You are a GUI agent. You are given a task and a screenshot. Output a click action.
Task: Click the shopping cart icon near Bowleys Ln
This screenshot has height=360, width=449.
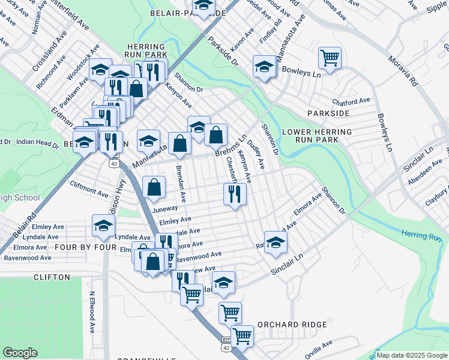pos(330,58)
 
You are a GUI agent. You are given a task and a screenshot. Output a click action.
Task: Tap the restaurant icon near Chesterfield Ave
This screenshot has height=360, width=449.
pos(235,194)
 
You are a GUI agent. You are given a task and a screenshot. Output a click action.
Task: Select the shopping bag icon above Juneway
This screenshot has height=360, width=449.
pos(154,187)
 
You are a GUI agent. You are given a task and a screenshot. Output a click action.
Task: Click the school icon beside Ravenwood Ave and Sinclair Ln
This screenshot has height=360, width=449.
pos(276,242)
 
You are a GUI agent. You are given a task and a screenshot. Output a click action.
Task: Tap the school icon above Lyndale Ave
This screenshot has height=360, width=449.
pos(103,226)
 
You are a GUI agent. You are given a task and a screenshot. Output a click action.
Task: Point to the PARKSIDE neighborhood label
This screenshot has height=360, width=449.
pos(328,113)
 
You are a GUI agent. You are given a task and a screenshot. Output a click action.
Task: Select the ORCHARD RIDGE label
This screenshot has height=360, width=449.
pos(292,325)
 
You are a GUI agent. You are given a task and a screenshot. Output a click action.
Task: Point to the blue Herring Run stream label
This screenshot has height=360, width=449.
pos(421,236)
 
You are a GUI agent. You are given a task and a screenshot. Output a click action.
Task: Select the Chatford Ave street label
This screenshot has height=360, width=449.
pos(351,101)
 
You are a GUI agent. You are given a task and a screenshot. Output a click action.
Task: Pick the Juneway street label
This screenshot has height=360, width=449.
pos(166,208)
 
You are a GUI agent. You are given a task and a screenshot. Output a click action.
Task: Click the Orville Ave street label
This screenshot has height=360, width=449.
pos(318,349)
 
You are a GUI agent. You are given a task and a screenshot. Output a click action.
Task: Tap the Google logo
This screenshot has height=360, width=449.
pos(20,352)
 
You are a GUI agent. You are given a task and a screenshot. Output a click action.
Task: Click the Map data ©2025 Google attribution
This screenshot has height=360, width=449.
pos(412,355)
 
